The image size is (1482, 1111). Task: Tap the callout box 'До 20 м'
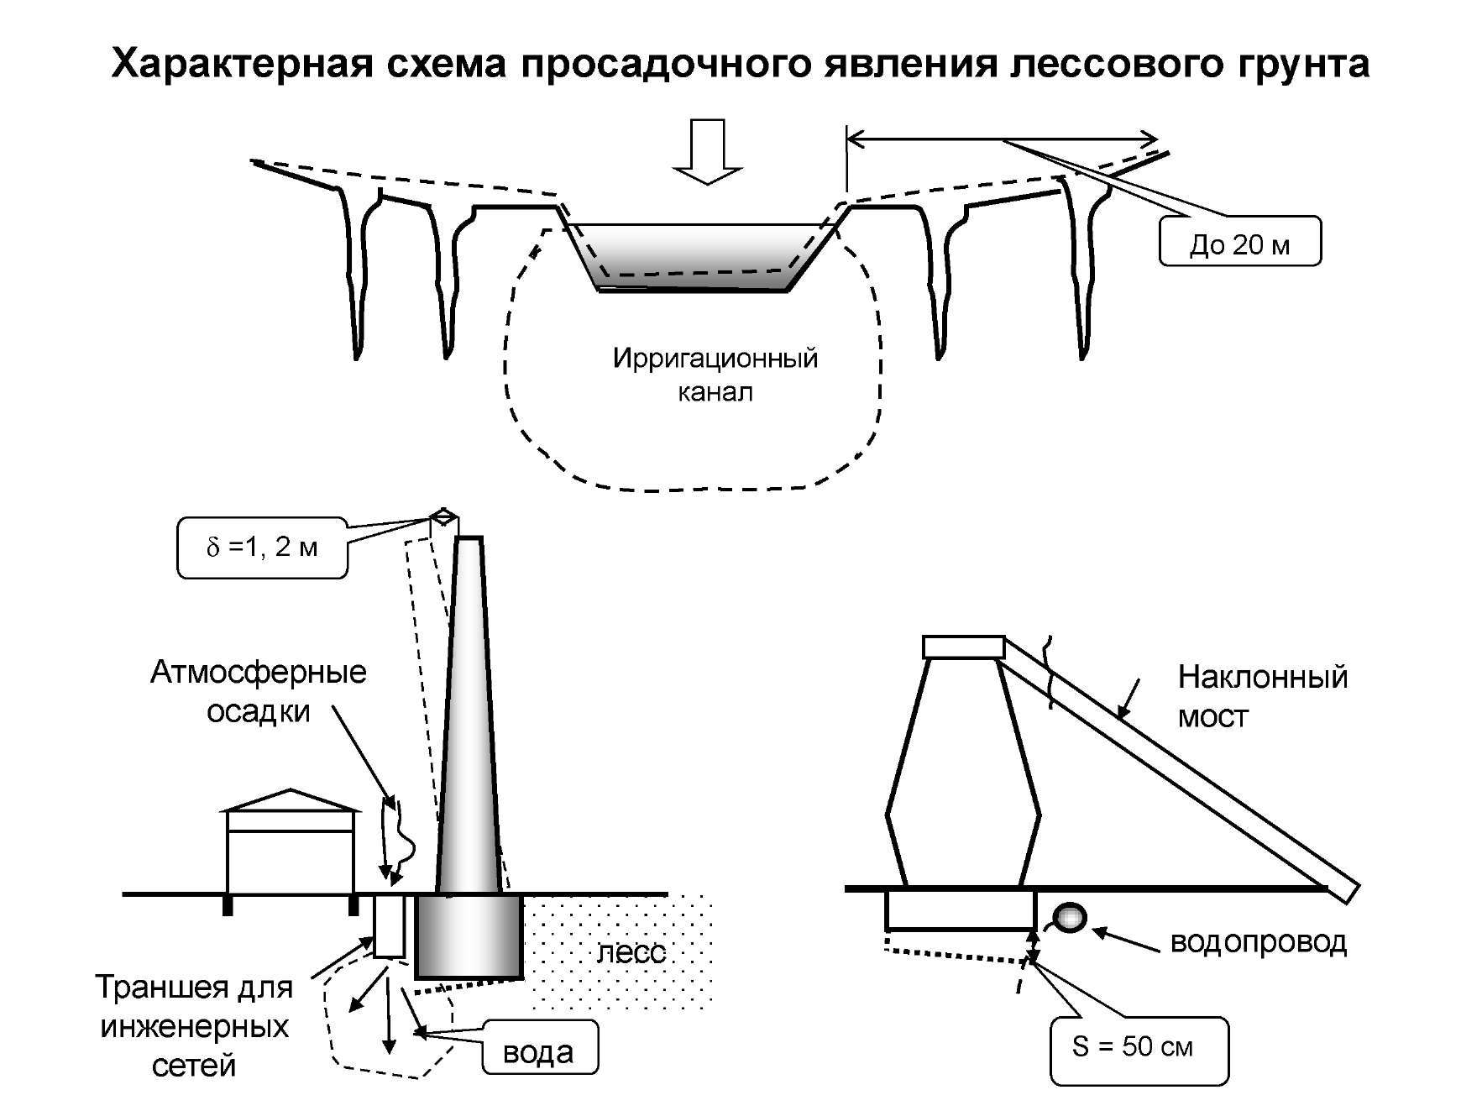(x=1239, y=242)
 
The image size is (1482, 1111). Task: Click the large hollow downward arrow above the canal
(x=707, y=151)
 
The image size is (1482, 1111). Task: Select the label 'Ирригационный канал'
(x=715, y=375)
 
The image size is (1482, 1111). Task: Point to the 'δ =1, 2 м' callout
(x=262, y=548)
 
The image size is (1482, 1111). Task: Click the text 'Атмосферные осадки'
(x=259, y=691)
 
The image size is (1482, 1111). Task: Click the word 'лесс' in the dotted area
(x=631, y=952)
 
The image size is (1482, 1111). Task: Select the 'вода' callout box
(x=540, y=1047)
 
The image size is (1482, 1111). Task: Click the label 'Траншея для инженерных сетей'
(x=194, y=1026)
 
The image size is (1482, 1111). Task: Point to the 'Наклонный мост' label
(x=1262, y=696)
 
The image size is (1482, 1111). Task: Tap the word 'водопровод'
(x=1258, y=941)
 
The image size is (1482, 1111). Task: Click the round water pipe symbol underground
(x=1070, y=917)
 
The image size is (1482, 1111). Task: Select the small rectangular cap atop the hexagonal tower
(x=964, y=647)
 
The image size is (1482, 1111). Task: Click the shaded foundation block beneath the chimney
(x=469, y=936)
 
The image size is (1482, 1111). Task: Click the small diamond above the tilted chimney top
(x=444, y=515)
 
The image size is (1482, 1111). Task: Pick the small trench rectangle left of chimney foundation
(x=389, y=925)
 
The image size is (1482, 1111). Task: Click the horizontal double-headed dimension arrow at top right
(x=1003, y=139)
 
